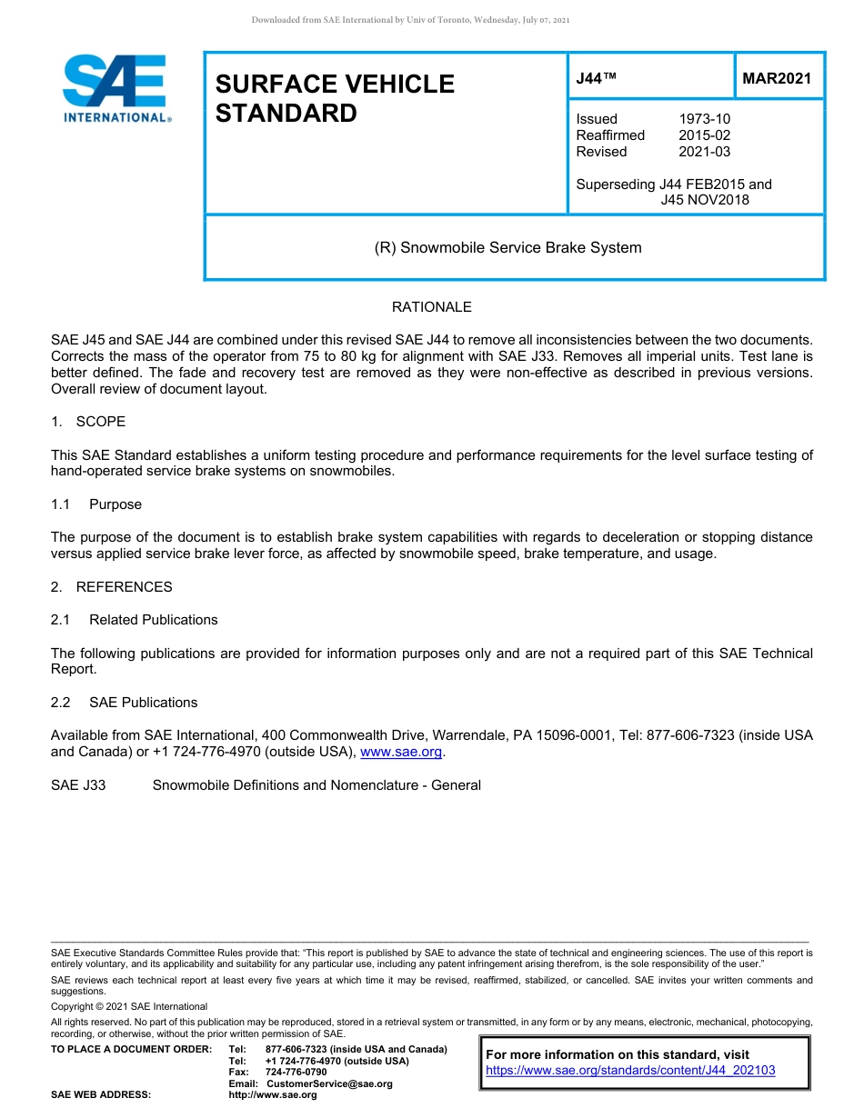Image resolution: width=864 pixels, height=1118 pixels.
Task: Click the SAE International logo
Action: [116, 87]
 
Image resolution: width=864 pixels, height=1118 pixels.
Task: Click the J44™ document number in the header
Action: [597, 79]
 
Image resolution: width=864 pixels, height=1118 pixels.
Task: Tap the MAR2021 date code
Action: [776, 79]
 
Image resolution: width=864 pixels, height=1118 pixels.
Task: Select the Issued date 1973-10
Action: [704, 119]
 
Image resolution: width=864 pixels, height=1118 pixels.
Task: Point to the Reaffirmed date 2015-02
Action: [704, 135]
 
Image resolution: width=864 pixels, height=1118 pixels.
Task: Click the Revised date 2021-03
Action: [704, 152]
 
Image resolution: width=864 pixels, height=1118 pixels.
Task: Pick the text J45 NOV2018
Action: [705, 200]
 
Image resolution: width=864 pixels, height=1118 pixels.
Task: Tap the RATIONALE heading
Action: [431, 307]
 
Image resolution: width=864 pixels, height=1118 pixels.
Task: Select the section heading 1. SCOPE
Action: [88, 422]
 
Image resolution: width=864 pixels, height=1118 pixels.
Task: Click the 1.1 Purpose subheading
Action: [96, 504]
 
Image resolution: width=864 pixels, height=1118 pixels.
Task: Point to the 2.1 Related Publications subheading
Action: [135, 620]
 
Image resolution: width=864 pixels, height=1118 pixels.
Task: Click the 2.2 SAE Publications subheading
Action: [124, 703]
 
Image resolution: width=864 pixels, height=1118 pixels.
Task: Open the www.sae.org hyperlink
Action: [401, 752]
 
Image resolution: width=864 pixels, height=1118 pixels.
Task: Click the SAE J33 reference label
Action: [78, 785]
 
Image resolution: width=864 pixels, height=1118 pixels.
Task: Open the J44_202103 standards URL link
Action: [630, 1071]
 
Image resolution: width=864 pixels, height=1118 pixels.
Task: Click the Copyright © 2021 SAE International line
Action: [129, 1006]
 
